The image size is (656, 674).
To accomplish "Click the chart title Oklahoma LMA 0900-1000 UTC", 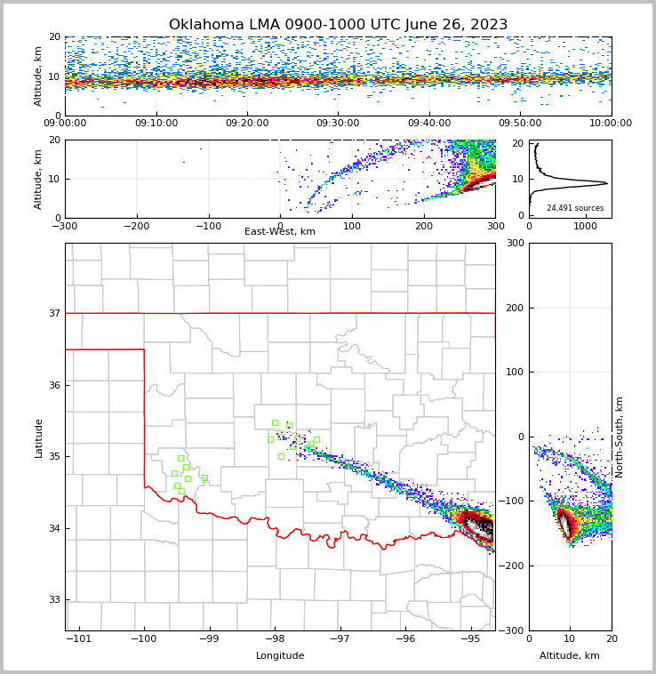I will [x=338, y=25].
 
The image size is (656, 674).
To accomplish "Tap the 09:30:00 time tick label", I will [x=338, y=124].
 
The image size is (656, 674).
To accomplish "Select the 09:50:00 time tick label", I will [x=520, y=124].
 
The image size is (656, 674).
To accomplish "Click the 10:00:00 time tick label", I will [x=611, y=124].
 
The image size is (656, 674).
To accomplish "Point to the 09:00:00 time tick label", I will [x=65, y=124].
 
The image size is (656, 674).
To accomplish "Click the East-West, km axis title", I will [x=280, y=232].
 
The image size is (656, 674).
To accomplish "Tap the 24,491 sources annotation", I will [x=575, y=208].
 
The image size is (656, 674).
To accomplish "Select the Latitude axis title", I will [x=38, y=437].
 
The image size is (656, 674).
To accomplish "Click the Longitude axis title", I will [x=280, y=656].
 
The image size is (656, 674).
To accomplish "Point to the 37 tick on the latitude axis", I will [x=53, y=313].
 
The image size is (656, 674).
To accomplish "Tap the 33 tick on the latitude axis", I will [x=53, y=599].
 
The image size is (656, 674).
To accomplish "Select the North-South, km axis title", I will [x=620, y=437].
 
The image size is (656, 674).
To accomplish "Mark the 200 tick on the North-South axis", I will [x=514, y=308].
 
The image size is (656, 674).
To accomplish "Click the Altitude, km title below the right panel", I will [x=570, y=656].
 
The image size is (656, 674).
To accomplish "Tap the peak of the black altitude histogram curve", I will [x=607, y=184].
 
